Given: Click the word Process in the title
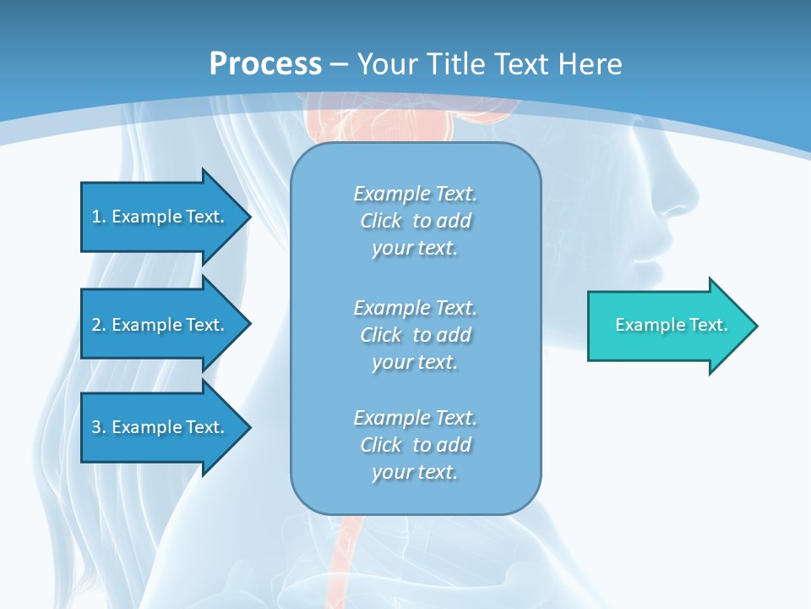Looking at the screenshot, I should [x=265, y=63].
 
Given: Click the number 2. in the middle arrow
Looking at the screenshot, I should [x=98, y=325].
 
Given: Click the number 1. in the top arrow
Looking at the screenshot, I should [x=98, y=217].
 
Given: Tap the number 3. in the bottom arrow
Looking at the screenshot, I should [x=98, y=427].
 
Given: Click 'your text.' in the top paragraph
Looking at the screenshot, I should [x=415, y=248].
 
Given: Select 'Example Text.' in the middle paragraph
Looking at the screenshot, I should [x=415, y=307].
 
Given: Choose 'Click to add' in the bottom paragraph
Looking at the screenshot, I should [x=415, y=445].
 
